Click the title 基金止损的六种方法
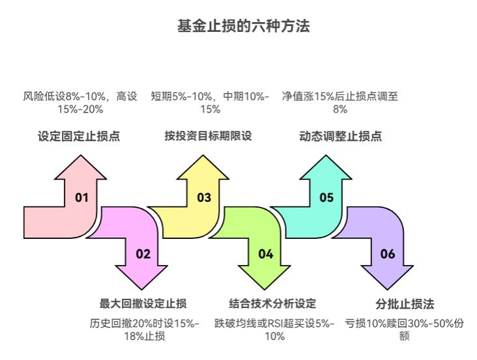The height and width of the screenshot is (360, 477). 238,27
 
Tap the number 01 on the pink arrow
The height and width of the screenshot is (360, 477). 81,197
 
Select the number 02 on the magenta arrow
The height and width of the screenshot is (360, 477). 143,254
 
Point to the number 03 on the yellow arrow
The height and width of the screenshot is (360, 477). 204,197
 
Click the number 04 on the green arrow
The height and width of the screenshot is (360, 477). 265,254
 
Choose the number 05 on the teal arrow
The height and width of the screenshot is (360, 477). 326,197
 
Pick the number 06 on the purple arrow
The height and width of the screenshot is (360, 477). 388,254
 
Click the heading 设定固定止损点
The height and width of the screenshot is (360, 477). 78,137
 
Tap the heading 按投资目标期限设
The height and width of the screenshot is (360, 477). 208,137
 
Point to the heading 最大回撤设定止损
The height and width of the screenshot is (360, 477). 143,303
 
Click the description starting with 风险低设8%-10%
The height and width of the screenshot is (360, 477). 80,102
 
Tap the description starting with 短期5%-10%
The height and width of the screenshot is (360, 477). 210,102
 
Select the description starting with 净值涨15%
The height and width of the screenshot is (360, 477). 340,102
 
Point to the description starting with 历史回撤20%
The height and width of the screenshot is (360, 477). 144,329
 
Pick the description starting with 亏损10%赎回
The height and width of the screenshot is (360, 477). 404,329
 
